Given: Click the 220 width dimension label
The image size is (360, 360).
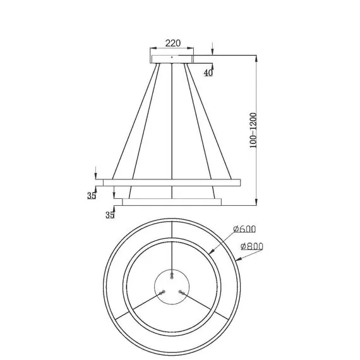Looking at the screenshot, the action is [173, 43].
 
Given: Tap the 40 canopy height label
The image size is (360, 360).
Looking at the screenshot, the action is [208, 73].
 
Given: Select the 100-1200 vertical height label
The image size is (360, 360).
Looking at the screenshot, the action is [253, 130].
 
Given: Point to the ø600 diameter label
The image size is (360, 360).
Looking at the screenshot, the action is [244, 229].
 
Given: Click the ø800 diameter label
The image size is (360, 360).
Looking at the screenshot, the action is [251, 246].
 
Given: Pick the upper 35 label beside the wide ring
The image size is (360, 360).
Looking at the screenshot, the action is [92, 196].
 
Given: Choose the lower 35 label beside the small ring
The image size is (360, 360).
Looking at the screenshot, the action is [110, 215].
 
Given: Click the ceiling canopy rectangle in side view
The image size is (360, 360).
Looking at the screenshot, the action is [172, 59].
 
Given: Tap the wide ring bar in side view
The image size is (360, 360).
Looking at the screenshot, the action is [172, 183].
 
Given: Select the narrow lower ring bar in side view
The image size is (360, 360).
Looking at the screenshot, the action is [172, 202].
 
